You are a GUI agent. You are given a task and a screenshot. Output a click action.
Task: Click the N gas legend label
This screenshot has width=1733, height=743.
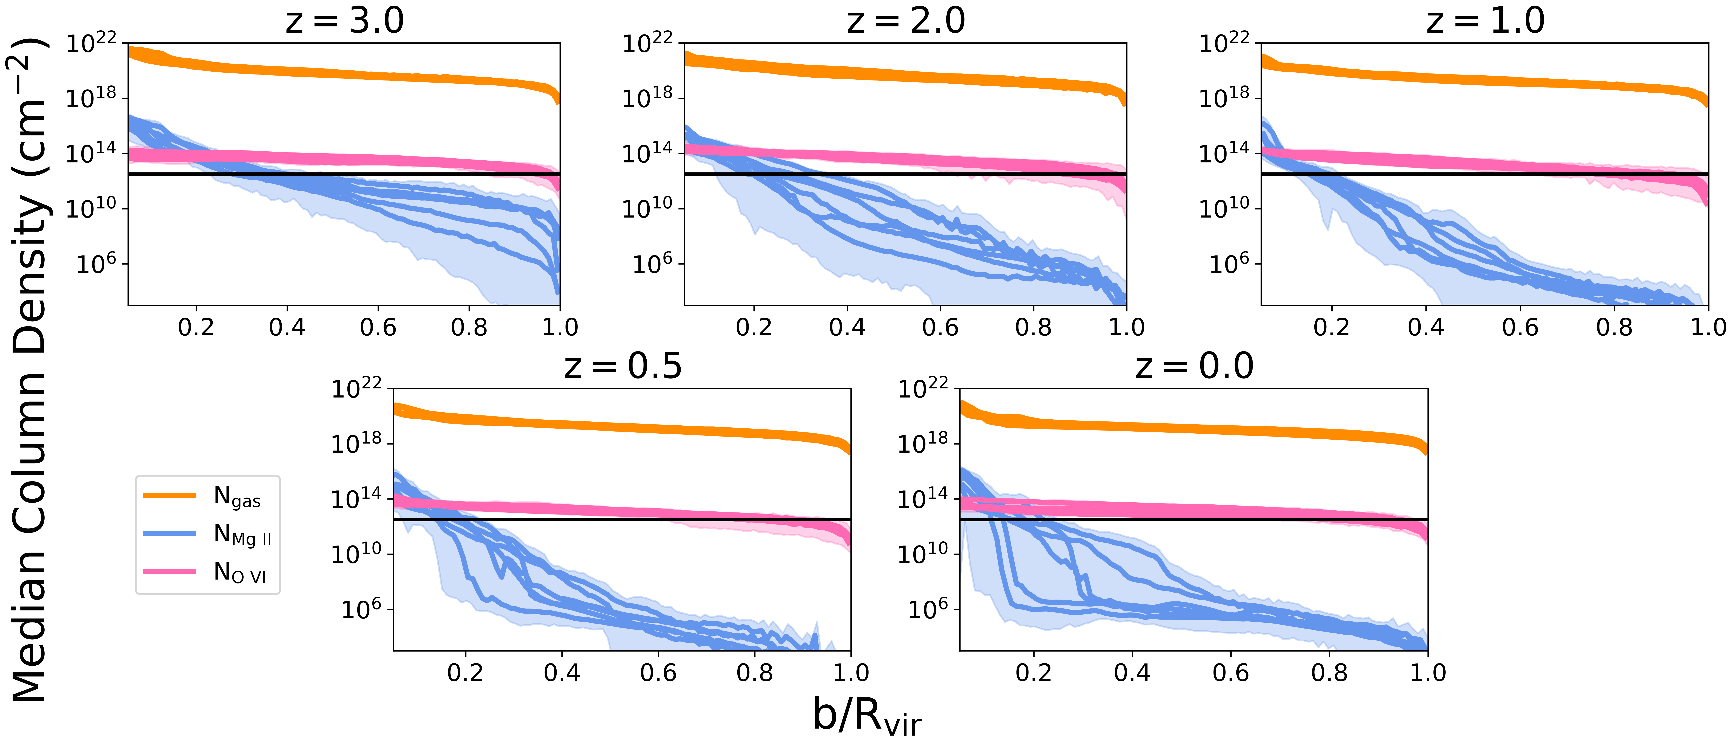pos(237,497)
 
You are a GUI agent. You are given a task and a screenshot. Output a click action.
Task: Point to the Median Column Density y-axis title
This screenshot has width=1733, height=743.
pos(28,370)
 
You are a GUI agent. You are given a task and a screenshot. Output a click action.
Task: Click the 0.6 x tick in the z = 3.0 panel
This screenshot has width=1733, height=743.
pos(378,327)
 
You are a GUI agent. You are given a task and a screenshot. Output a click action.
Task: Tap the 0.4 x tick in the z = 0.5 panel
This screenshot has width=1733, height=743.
pos(562,672)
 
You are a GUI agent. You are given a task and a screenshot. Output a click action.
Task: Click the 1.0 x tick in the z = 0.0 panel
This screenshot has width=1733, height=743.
pos(1428,672)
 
